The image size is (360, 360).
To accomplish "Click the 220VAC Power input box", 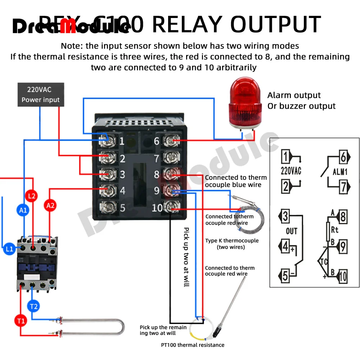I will (41, 94).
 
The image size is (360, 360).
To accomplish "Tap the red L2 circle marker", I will (32, 196).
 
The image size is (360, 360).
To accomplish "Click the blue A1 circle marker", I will (23, 210).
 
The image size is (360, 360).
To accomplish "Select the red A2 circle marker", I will (50, 206).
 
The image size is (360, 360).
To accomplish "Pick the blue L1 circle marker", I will (9, 249).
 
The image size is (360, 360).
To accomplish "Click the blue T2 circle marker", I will (33, 307).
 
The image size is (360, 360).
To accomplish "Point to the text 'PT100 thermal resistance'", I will (192, 345).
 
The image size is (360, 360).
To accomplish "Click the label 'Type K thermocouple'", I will (232, 240).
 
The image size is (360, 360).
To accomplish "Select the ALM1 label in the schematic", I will (340, 172).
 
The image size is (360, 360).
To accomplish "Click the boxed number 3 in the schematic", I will (285, 217).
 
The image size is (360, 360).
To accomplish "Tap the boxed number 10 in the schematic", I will (342, 276).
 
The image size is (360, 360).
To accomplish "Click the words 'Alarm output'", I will (294, 95).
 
